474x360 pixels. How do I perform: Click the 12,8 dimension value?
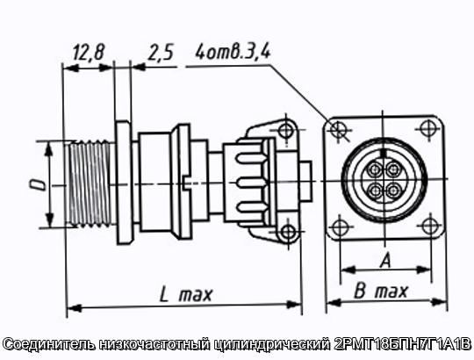coord(89,52)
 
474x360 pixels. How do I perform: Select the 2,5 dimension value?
coord(161,53)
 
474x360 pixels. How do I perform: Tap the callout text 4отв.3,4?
coord(233,52)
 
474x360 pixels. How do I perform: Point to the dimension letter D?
coord(37,184)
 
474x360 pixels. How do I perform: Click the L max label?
coord(186,294)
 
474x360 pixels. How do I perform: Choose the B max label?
coord(380,292)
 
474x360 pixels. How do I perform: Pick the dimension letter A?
coord(385,261)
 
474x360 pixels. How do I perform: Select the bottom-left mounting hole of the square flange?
coord(340,227)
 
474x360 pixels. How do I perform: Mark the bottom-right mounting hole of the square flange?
coord(430,226)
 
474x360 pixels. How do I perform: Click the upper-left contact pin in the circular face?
coord(375,169)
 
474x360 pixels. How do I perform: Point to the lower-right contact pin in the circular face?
coord(394,191)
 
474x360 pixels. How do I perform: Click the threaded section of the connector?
coord(90,184)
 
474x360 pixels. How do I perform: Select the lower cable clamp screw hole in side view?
coord(288,232)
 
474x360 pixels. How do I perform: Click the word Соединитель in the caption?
coord(50,344)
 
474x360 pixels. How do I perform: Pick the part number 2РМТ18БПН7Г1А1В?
coord(402,344)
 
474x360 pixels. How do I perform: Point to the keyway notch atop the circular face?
coord(384,153)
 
